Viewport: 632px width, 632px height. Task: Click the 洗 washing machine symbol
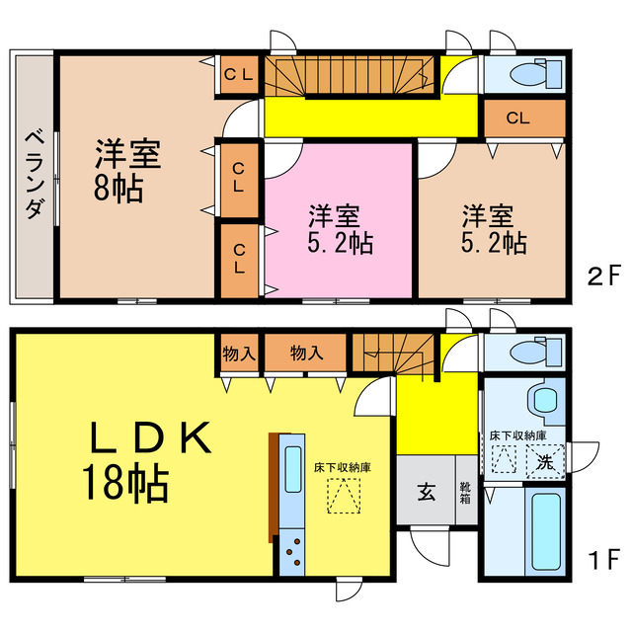(x=544, y=460)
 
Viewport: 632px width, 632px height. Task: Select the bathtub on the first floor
(x=545, y=533)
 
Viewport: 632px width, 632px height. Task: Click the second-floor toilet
(x=534, y=75)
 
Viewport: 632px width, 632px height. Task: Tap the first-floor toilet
(x=534, y=352)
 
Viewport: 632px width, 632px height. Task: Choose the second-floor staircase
(x=350, y=73)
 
